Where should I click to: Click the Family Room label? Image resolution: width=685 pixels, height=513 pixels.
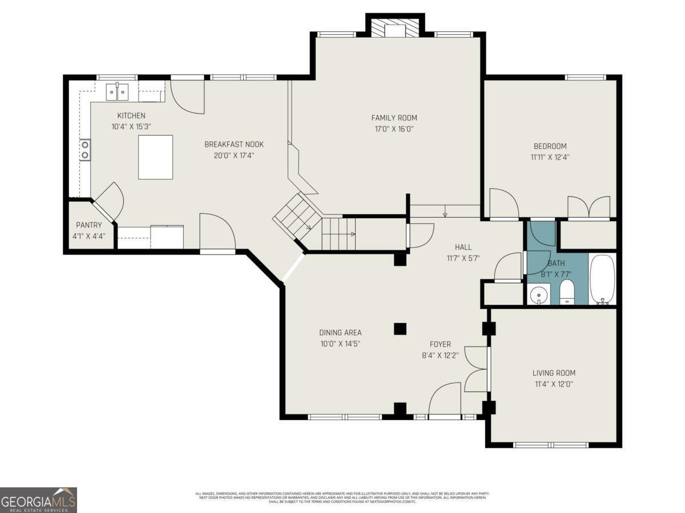tap(394, 118)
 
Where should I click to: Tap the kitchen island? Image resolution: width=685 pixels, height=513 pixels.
tap(155, 157)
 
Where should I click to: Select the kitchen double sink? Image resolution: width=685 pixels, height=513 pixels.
tap(118, 91)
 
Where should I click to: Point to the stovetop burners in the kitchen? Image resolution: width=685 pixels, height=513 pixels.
tap(85, 150)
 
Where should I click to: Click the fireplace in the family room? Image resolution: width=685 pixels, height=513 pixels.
tap(394, 29)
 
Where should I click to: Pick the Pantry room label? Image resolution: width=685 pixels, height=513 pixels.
tap(88, 225)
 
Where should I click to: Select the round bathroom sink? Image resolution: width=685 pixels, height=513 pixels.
tap(537, 295)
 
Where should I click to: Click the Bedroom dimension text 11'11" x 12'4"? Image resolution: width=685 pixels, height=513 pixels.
tap(550, 157)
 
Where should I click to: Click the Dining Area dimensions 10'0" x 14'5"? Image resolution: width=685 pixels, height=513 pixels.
tap(340, 344)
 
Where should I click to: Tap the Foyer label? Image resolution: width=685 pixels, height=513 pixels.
tap(440, 344)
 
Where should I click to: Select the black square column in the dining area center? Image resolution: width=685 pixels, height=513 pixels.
tap(400, 328)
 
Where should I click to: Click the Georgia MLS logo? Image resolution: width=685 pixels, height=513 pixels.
tap(38, 500)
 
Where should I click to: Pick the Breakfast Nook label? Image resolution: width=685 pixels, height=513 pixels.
tap(234, 144)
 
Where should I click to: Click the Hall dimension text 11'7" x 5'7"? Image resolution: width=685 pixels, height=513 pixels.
tap(463, 258)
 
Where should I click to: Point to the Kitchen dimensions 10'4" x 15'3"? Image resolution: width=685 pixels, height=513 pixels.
tap(131, 127)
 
